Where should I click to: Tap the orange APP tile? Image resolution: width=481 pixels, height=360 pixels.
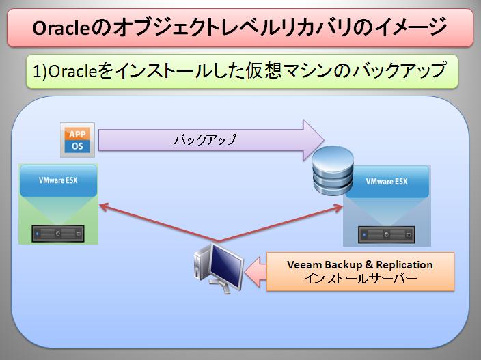pos(77,134)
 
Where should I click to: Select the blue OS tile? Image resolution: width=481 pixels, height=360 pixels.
pos(77,147)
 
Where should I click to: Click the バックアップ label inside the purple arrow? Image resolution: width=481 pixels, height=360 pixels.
pos(205,139)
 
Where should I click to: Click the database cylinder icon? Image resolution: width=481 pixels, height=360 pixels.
pos(333,171)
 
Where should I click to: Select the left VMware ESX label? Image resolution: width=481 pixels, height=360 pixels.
pos(58,180)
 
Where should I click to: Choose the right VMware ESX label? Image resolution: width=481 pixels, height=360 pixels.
pos(387,182)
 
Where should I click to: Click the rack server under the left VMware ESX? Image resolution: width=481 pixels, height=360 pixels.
pos(58,234)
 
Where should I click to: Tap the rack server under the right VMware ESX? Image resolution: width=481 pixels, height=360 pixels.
pos(387,234)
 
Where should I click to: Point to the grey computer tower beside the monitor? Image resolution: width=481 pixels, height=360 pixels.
pos(201,263)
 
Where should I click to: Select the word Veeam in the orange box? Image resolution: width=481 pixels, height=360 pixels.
pos(304,264)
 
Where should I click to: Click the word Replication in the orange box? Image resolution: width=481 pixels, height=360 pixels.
pos(404,264)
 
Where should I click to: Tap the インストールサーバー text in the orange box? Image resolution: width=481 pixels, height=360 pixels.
pos(360,279)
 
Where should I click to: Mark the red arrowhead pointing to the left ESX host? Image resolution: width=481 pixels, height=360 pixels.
pos(104,207)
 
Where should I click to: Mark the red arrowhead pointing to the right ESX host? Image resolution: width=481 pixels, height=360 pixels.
pos(338,208)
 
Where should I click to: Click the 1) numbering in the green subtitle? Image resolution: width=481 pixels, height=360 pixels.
pos(40,72)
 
